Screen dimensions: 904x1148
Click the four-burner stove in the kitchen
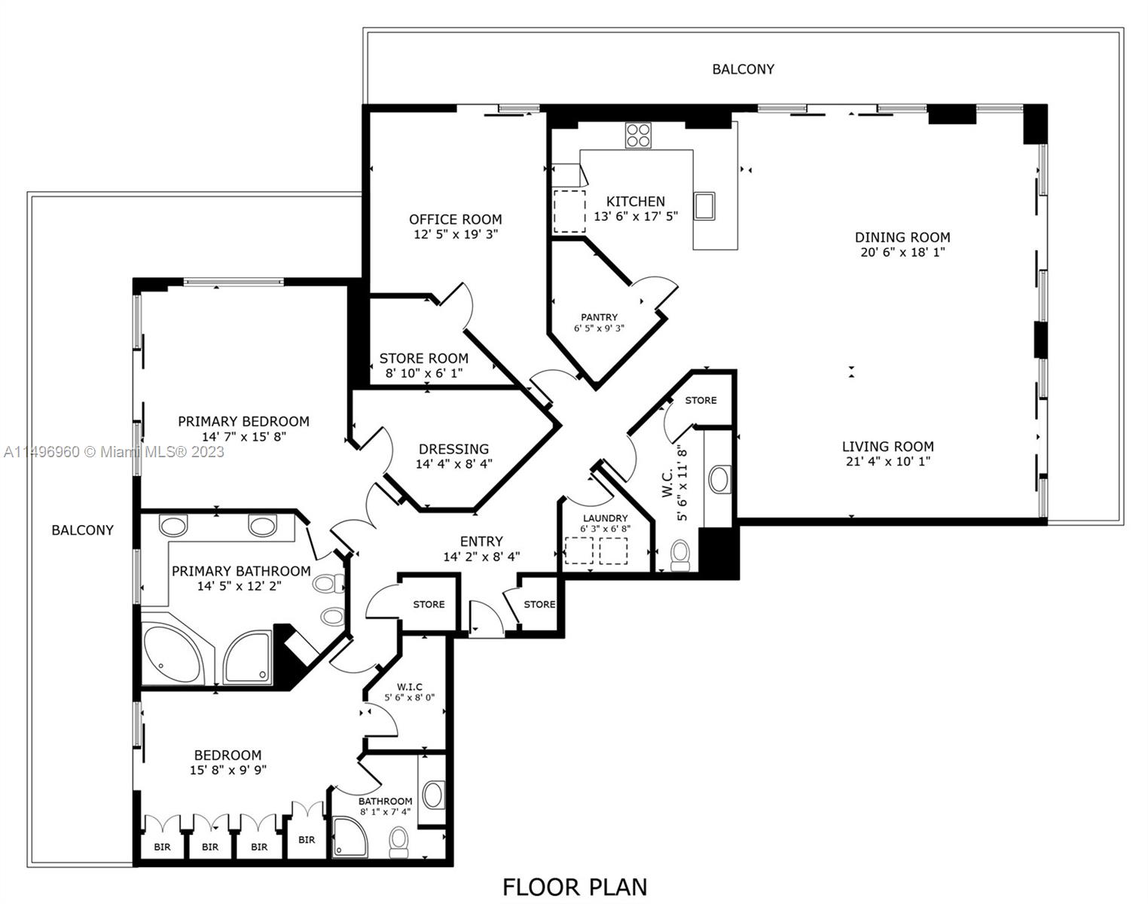click(x=637, y=136)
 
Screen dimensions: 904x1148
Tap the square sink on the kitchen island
click(x=704, y=206)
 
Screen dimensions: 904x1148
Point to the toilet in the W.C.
click(x=680, y=554)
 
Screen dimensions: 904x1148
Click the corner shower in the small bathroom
click(x=350, y=836)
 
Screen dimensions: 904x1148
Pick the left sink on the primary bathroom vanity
click(x=174, y=525)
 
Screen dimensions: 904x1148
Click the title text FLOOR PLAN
click(x=574, y=887)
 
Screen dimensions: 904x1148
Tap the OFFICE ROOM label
click(x=455, y=219)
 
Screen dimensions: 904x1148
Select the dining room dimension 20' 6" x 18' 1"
click(x=902, y=252)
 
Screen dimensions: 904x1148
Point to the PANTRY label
click(x=599, y=317)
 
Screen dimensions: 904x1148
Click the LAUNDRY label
click(x=605, y=518)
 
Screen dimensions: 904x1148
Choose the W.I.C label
click(x=410, y=686)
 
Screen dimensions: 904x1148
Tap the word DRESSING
click(x=453, y=449)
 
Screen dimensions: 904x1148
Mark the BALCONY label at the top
click(x=743, y=69)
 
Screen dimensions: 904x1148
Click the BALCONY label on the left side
click(x=82, y=530)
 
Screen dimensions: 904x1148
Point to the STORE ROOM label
click(x=423, y=359)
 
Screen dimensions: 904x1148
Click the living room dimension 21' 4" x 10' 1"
click(x=887, y=462)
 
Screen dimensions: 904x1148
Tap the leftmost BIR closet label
click(x=162, y=847)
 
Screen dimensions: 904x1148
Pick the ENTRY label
click(x=481, y=542)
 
